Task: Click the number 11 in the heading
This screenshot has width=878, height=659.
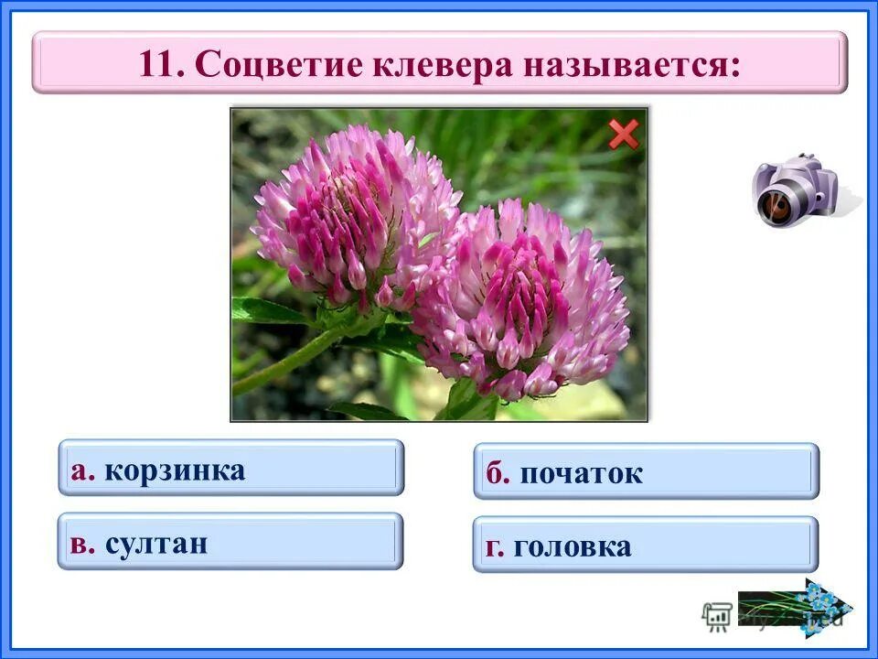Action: click(161, 63)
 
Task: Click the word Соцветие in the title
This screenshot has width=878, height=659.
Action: click(267, 63)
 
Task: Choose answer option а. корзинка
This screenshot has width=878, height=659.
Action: click(230, 468)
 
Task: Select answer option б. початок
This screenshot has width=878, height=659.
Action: click(646, 472)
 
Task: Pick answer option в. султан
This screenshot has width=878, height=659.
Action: click(230, 542)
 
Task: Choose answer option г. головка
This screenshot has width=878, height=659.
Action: click(646, 546)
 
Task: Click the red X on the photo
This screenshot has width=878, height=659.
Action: click(624, 135)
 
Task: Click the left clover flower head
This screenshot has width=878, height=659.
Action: click(352, 215)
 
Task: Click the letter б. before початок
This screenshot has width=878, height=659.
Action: click(497, 474)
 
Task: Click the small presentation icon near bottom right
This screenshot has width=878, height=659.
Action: click(716, 615)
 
